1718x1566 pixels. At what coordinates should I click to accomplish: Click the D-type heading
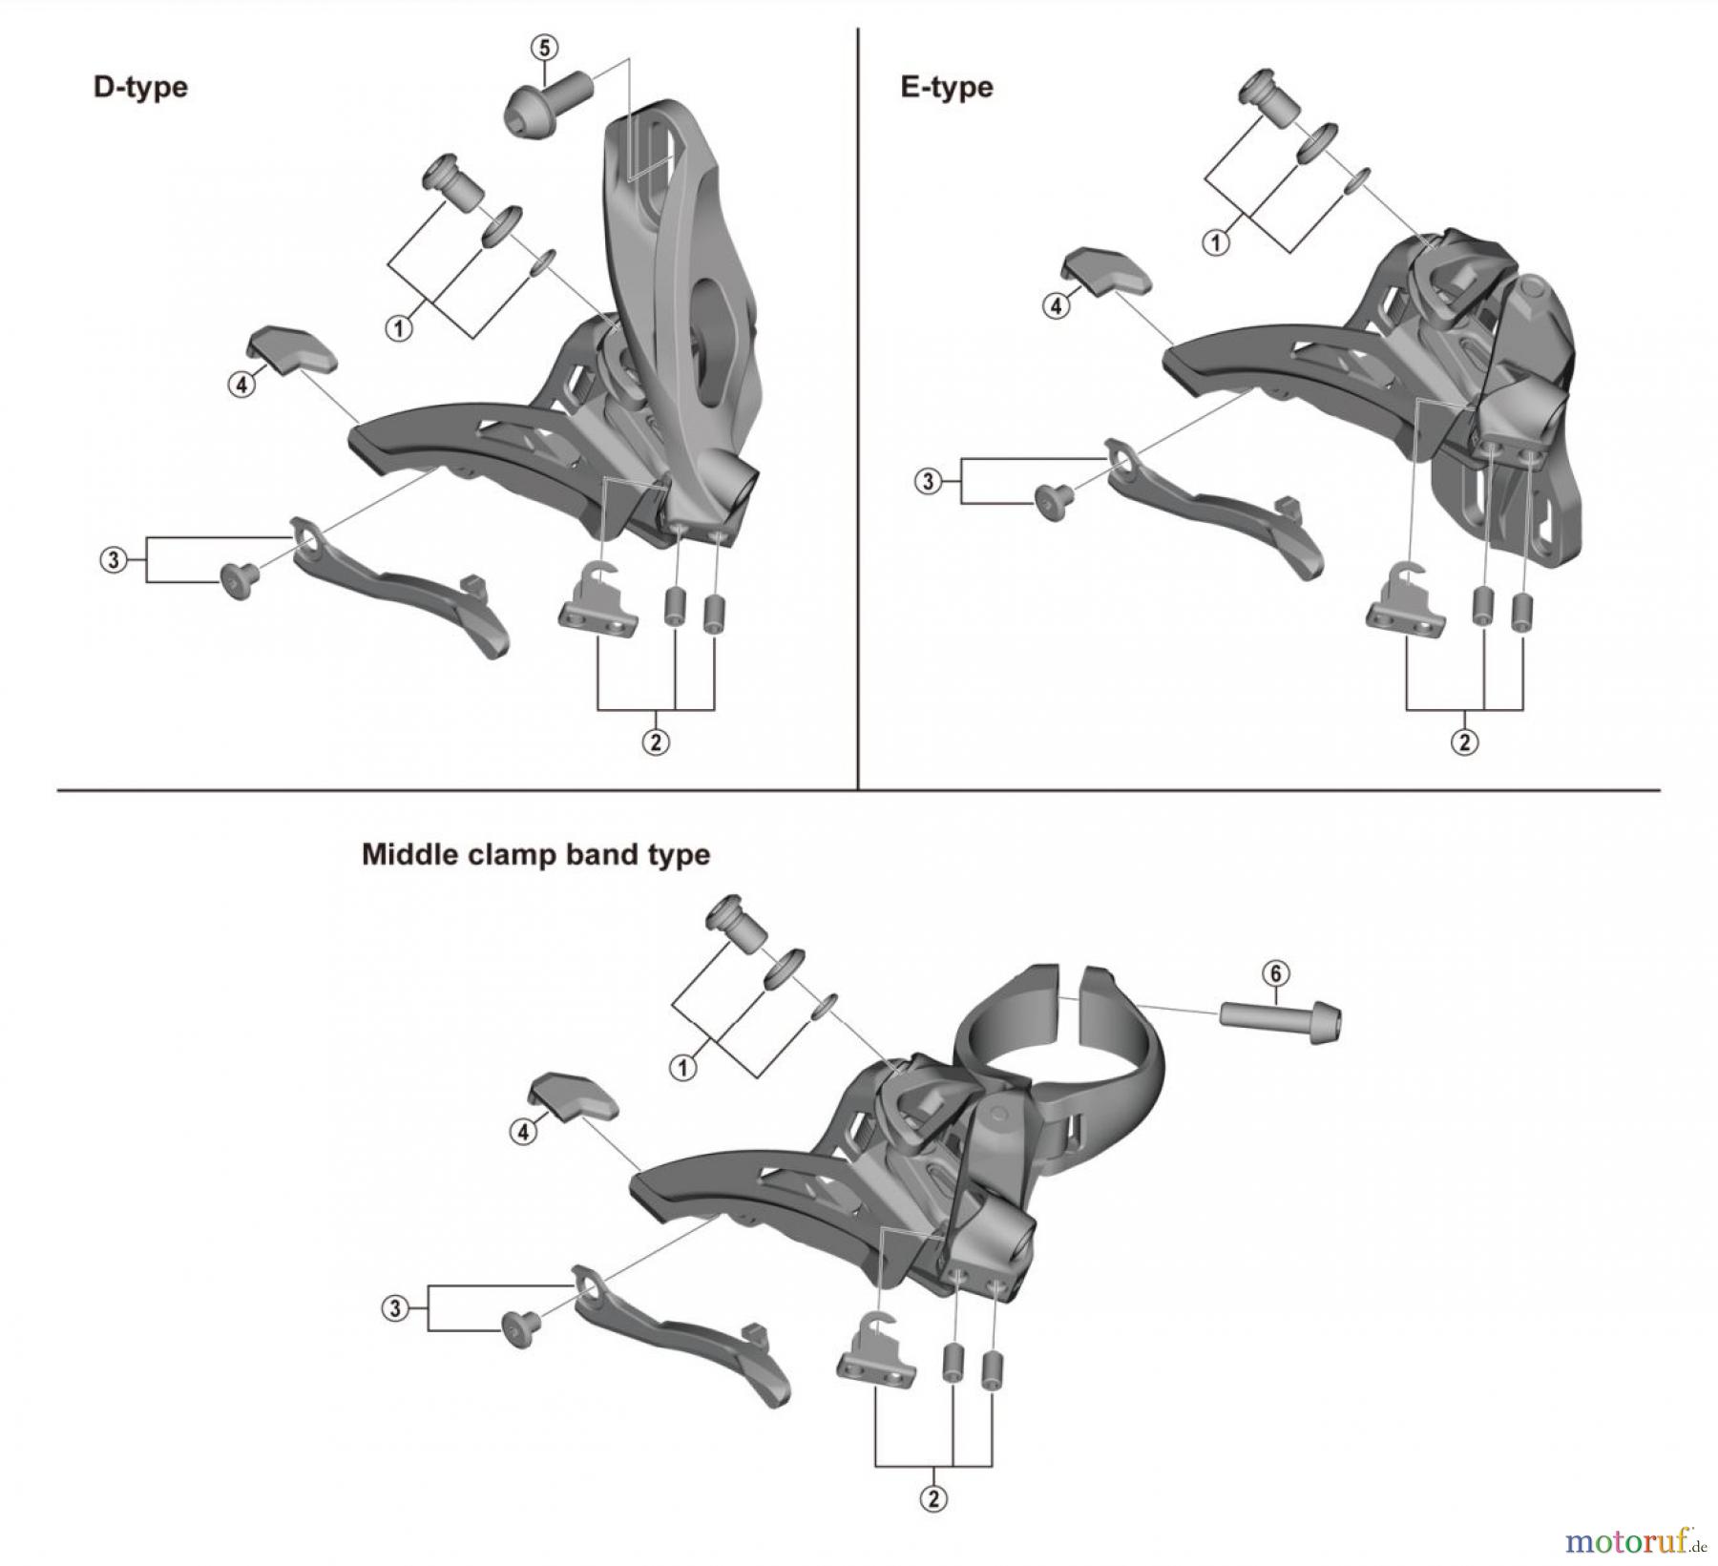tap(140, 87)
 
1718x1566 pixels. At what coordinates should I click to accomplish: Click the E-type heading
tap(946, 87)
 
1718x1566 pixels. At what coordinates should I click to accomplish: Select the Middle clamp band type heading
tap(535, 853)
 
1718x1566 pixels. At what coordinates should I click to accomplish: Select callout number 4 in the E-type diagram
tap(1056, 306)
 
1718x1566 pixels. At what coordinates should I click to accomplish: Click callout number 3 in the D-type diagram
tap(114, 559)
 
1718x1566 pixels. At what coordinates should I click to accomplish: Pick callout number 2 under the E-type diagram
tap(1464, 741)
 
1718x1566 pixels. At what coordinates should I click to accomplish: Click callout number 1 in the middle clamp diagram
tap(682, 1068)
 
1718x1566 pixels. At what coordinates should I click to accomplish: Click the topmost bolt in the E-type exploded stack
tap(1268, 98)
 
